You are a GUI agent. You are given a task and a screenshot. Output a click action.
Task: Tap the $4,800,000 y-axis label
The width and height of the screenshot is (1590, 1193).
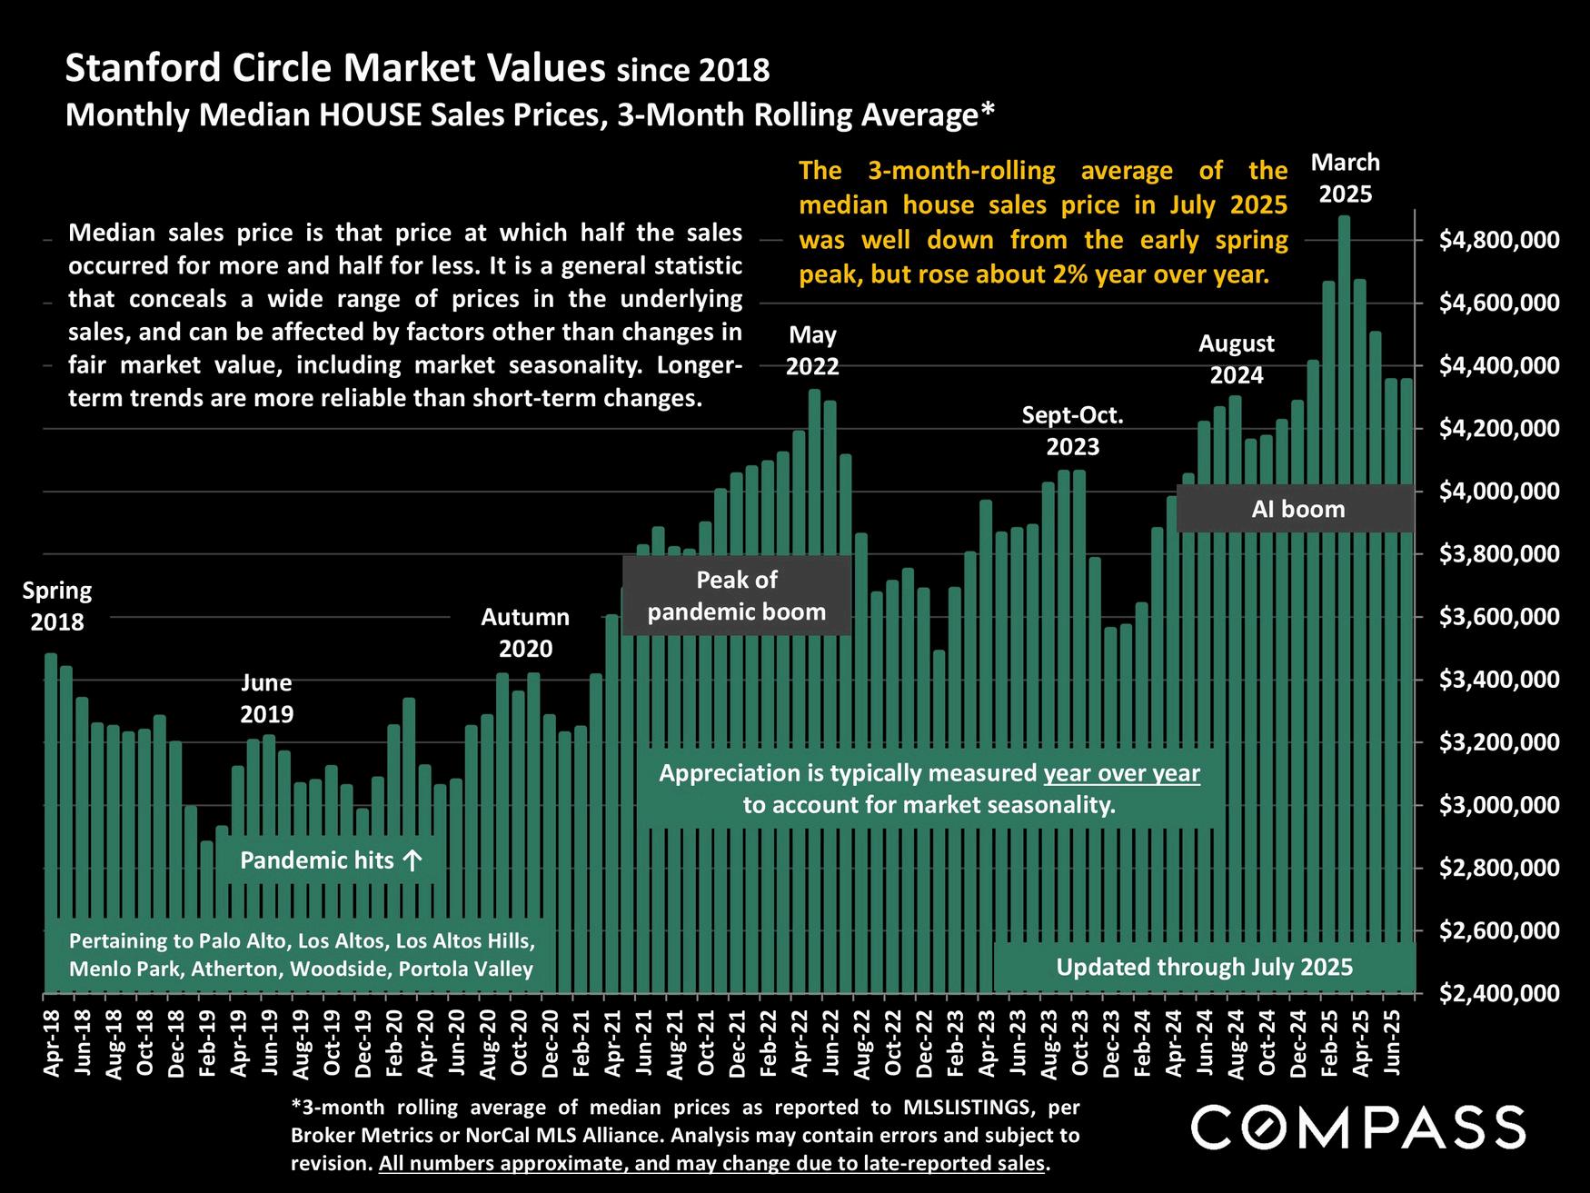[1499, 241]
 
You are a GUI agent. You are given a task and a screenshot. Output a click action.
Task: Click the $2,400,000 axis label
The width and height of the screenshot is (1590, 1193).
[1499, 994]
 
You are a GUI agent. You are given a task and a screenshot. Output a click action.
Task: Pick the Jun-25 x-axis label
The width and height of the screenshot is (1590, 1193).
[1391, 1041]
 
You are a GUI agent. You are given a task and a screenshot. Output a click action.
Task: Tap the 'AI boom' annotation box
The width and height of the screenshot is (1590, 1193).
[1297, 509]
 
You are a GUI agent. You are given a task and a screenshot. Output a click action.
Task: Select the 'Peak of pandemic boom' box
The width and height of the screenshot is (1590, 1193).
[737, 596]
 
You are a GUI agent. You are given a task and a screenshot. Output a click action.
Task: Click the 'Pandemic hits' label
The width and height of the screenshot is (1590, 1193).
[316, 860]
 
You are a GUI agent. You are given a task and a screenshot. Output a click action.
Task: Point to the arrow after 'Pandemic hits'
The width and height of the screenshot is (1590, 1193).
[412, 860]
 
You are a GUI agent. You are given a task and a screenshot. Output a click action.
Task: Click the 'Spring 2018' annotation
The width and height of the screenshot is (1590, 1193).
[57, 606]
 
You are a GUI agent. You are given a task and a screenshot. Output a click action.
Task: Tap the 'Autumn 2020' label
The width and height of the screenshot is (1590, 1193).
[525, 632]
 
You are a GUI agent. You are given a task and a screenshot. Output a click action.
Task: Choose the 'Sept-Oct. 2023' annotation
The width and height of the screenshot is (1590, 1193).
[1073, 431]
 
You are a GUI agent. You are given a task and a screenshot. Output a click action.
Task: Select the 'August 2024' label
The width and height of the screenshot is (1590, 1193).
[1236, 359]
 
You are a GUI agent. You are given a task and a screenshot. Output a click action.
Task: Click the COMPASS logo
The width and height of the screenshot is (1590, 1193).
[1357, 1128]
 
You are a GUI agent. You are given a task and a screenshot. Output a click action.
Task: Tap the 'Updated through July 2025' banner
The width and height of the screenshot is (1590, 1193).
[1204, 967]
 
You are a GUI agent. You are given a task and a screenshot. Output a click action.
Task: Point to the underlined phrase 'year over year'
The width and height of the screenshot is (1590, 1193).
[1122, 774]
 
